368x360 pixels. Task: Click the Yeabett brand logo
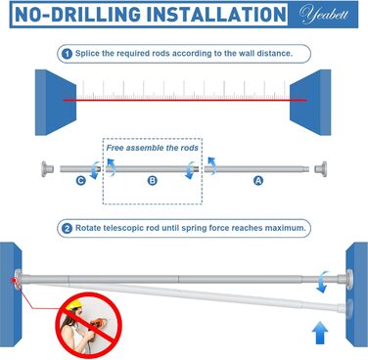(324, 15)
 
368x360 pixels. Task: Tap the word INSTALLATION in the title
(216, 15)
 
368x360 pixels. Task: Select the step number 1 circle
(67, 54)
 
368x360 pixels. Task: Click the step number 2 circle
(67, 228)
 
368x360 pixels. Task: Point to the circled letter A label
(258, 180)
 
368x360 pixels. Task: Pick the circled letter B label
(152, 180)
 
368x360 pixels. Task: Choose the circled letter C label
(81, 180)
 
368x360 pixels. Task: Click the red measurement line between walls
(184, 100)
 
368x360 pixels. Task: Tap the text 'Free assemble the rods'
(152, 148)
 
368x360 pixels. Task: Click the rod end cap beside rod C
(47, 169)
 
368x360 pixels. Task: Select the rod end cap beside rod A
(321, 169)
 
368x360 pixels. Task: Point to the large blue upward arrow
(320, 333)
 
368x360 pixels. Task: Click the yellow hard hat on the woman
(74, 305)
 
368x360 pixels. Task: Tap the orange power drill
(97, 324)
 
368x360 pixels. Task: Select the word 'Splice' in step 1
(87, 54)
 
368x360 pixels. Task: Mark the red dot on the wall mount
(14, 280)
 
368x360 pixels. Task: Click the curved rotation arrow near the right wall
(322, 282)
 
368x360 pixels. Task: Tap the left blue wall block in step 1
(56, 103)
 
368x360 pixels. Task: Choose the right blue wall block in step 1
(310, 103)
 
